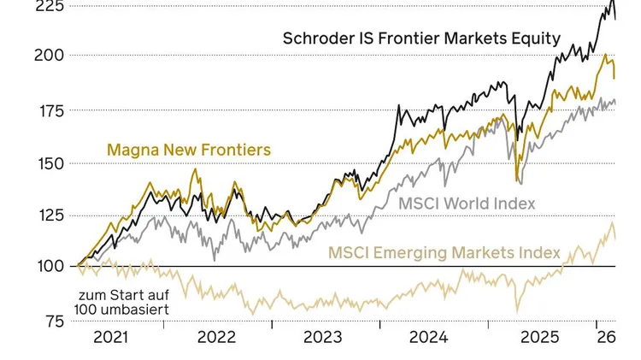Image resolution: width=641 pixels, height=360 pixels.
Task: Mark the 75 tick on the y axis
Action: (x=55, y=322)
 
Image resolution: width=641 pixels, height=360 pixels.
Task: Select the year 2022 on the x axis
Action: (x=216, y=337)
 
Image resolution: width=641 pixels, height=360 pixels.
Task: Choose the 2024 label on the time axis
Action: (x=428, y=337)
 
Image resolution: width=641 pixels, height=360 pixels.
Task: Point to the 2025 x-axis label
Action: (x=533, y=337)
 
